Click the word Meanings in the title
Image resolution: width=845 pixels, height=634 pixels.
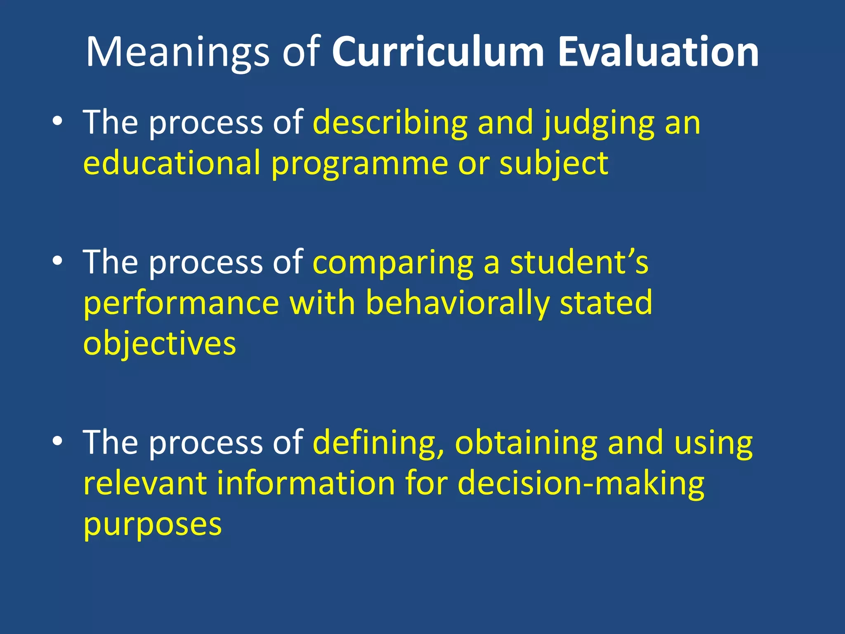[177, 53]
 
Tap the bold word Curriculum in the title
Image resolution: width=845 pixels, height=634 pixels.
[438, 52]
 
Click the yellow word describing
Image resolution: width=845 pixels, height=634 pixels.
[390, 123]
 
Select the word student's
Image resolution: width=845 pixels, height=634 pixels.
[579, 262]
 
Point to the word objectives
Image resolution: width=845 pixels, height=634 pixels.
[160, 344]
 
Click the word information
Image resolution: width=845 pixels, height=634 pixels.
[306, 483]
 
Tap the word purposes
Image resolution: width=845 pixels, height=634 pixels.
[153, 525]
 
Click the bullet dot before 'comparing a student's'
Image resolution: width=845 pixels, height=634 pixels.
[57, 261]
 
